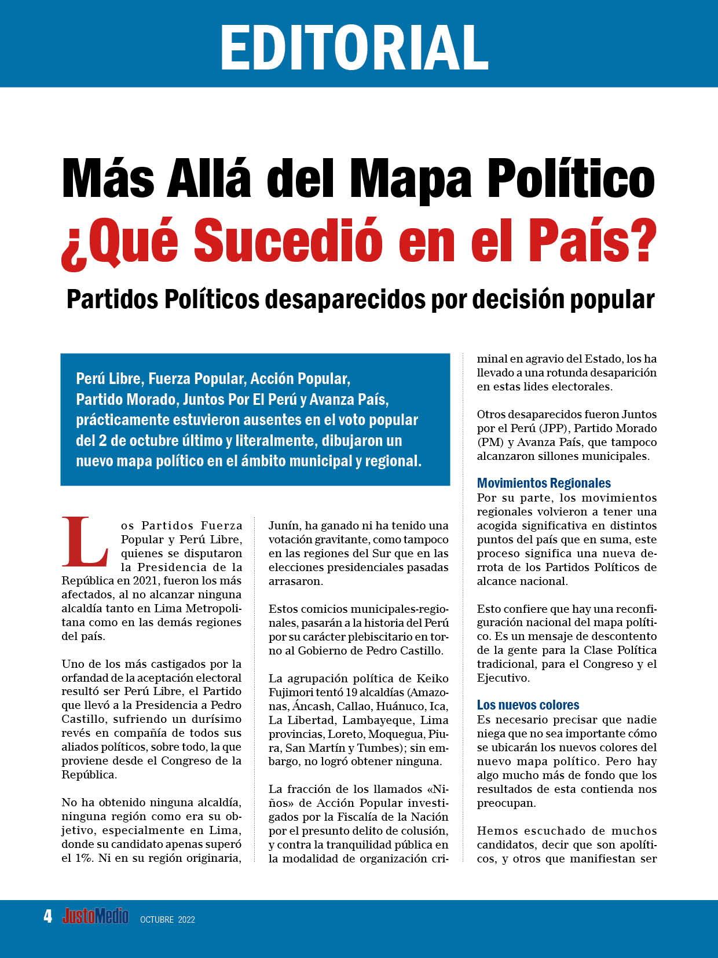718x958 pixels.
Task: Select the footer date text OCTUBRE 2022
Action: [167, 920]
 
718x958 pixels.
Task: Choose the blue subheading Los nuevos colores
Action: [528, 705]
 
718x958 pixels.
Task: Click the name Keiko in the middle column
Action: [433, 678]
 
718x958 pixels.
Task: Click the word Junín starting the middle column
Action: [282, 525]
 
